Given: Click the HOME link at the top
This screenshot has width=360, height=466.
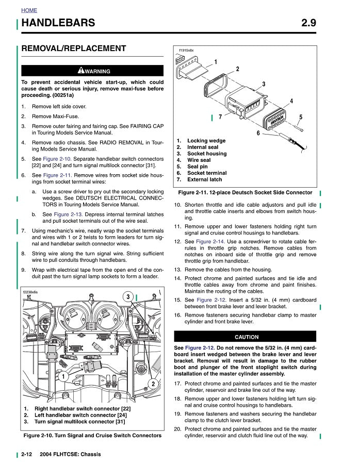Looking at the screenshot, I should pyautogui.click(x=29, y=10).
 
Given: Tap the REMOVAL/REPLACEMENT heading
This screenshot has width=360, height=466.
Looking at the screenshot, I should pyautogui.click(x=74, y=48).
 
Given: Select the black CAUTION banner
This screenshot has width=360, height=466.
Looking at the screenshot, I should pyautogui.click(x=246, y=337).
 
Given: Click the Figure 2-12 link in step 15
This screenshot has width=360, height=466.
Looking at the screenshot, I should pyautogui.click(x=210, y=299).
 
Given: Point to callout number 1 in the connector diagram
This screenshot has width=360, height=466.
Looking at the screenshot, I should pyautogui.click(x=215, y=62).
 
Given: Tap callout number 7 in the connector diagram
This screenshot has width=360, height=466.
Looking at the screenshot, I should pyautogui.click(x=220, y=117).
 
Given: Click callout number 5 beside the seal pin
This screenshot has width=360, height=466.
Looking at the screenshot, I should pyautogui.click(x=301, y=117).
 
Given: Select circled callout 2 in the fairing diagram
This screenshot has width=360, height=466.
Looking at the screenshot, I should pyautogui.click(x=153, y=383).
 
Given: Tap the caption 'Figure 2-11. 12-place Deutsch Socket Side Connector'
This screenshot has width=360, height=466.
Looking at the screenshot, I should pyautogui.click(x=245, y=192).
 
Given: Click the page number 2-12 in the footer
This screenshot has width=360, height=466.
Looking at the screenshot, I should pyautogui.click(x=27, y=454).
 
